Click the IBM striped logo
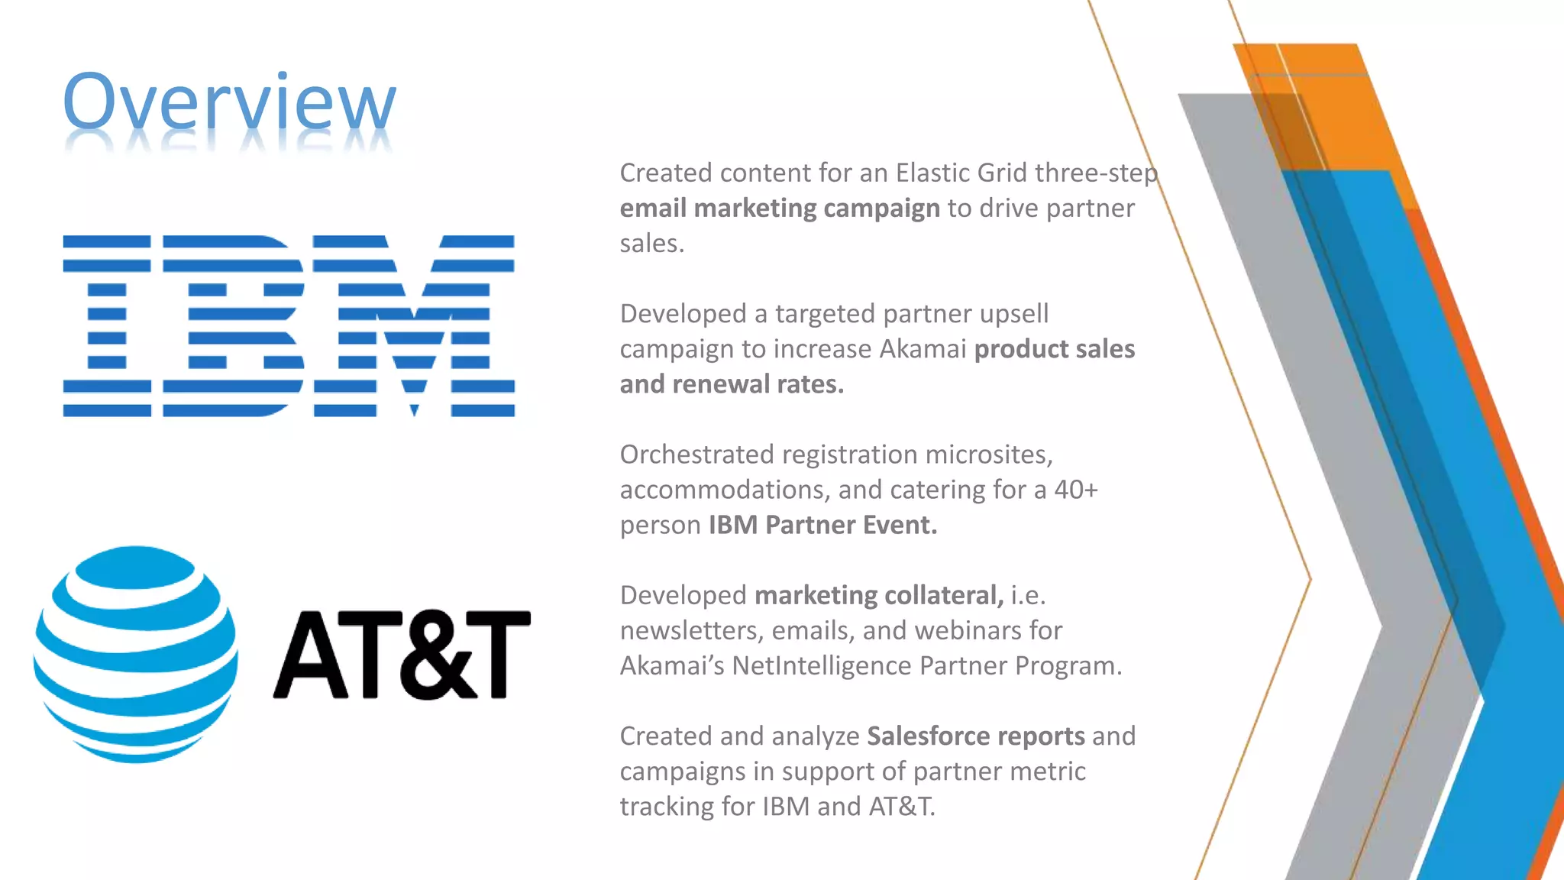[289, 325]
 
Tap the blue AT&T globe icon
[135, 654]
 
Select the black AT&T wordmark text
[402, 655]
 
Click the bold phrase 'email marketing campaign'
[780, 209]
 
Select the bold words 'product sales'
[1055, 349]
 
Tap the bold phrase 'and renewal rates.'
[732, 384]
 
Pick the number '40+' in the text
[1076, 490]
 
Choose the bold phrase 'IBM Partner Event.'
[822, 526]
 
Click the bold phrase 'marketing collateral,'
[879, 595]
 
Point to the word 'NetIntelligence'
[822, 666]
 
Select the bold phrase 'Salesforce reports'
[975, 736]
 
